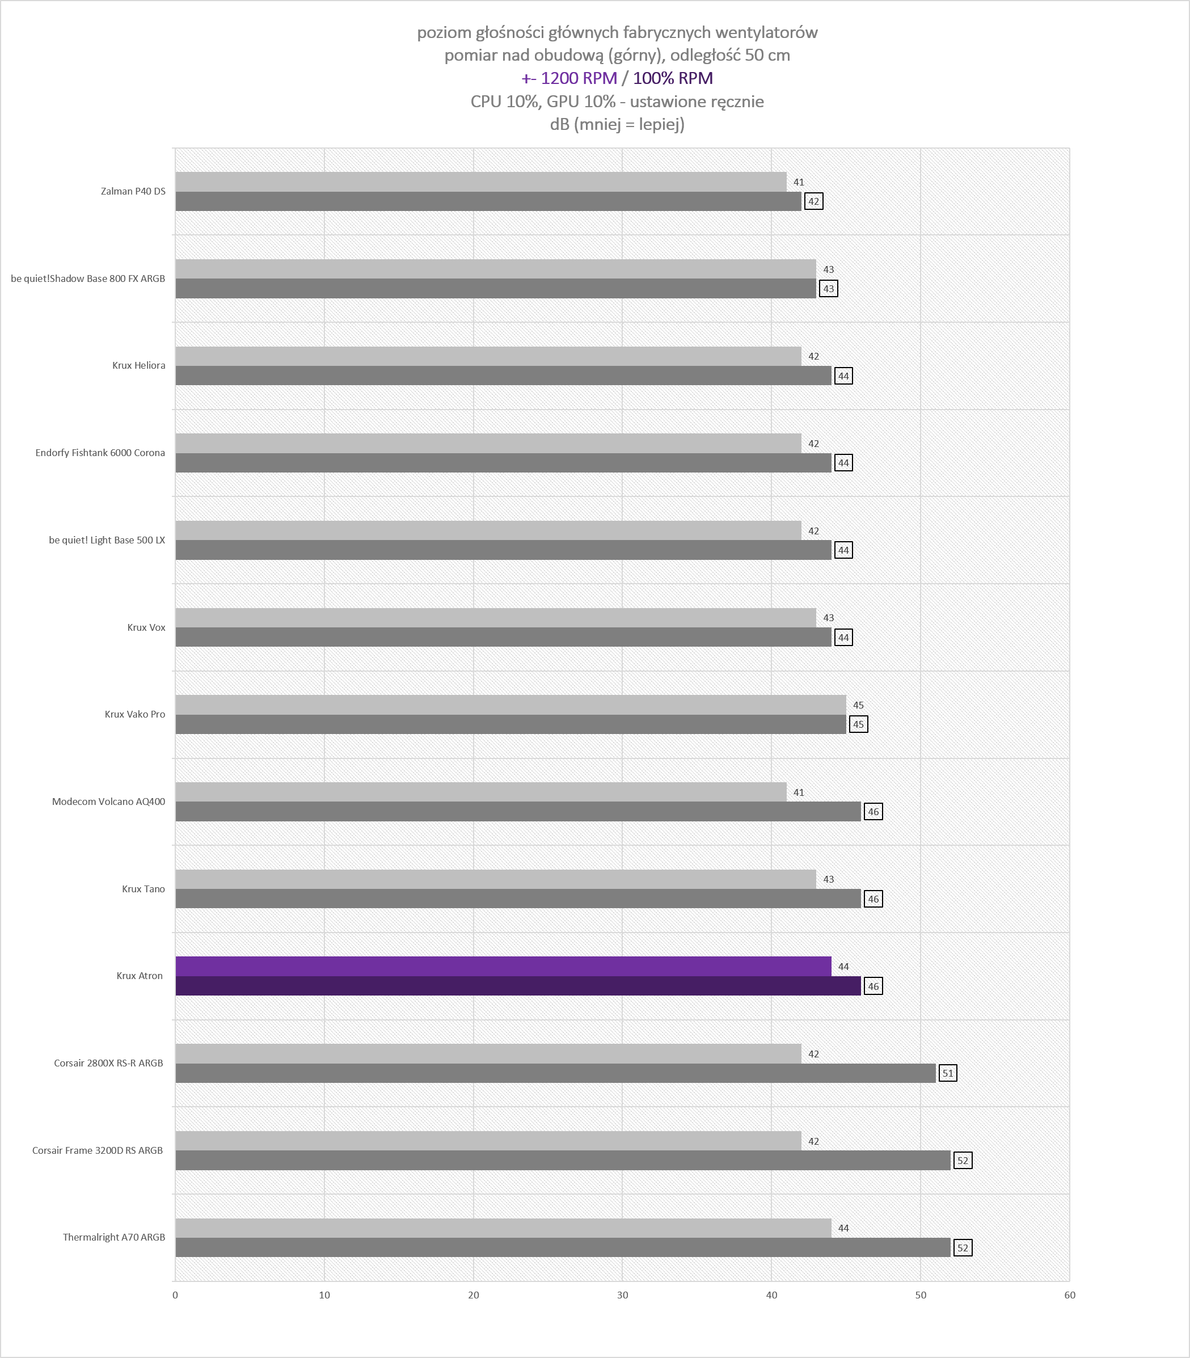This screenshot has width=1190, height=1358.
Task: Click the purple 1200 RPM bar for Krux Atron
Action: click(503, 966)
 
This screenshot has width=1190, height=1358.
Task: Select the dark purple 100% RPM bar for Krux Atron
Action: click(518, 986)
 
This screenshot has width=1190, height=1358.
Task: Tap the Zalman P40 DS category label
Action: click(133, 191)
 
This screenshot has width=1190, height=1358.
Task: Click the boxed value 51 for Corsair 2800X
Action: click(948, 1073)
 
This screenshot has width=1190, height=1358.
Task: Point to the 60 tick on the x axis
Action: click(1069, 1295)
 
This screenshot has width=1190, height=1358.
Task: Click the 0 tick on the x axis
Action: click(175, 1295)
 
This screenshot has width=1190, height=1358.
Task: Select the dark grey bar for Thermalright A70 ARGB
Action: click(563, 1247)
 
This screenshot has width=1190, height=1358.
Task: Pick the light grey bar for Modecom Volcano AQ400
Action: click(481, 791)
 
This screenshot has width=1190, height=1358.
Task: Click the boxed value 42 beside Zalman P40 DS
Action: click(813, 201)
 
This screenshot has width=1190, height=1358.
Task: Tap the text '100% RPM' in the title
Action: click(673, 78)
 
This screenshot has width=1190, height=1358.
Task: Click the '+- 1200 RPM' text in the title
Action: click(569, 78)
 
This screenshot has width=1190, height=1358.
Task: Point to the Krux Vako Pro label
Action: click(135, 715)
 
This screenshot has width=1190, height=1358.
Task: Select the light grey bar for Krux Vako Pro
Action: click(510, 705)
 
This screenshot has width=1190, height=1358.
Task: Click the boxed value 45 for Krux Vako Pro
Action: click(859, 724)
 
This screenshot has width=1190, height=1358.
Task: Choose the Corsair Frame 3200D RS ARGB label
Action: click(98, 1150)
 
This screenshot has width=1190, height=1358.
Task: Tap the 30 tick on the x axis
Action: click(622, 1295)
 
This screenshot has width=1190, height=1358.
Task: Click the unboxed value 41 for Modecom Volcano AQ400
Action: click(799, 792)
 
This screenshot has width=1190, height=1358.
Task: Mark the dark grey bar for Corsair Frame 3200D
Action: click(563, 1160)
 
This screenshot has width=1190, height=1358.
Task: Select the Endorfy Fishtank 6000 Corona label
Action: click(100, 453)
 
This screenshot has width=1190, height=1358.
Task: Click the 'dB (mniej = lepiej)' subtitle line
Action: click(617, 124)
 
